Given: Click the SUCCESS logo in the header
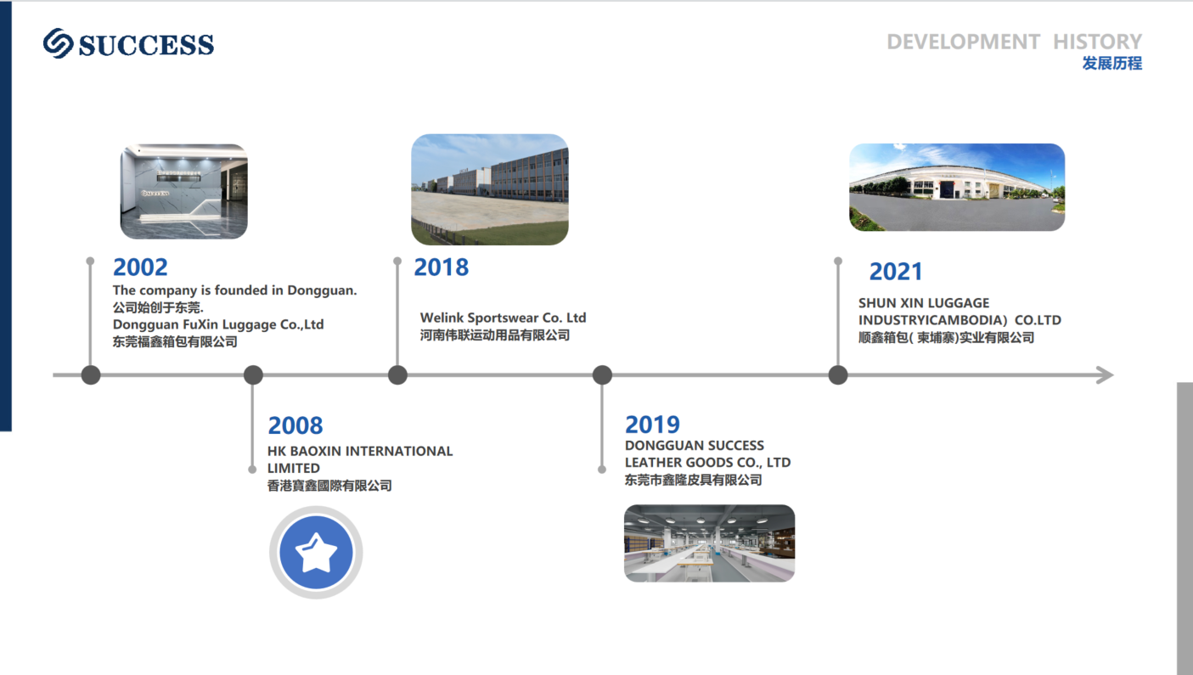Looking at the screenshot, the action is [x=128, y=43].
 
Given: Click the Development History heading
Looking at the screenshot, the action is [x=1014, y=42].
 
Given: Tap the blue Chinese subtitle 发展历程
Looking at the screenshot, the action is [x=1112, y=64].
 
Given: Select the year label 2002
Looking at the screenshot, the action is [x=140, y=267].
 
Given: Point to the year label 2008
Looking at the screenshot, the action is [x=295, y=425].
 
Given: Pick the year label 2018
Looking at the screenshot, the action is [x=441, y=267].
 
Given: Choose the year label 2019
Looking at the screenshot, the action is [x=652, y=425].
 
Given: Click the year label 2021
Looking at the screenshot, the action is [x=896, y=271].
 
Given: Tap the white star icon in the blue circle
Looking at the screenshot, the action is [x=316, y=553].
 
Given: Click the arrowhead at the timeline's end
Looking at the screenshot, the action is [x=1106, y=374].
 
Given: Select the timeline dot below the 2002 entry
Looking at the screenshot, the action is [x=91, y=375].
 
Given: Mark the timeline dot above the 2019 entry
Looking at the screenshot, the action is [x=602, y=375].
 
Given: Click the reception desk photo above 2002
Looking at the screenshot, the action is [x=183, y=191].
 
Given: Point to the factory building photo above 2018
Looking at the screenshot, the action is [x=489, y=189].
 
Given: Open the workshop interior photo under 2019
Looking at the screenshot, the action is [x=709, y=543].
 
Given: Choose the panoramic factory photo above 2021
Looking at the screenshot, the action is [x=957, y=187].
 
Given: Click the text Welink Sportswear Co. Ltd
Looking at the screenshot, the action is [x=503, y=318].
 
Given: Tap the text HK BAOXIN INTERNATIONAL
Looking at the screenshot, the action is [x=360, y=451].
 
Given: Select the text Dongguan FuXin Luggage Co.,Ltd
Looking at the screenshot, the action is [x=218, y=324].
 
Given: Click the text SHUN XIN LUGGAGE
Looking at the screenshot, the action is [x=924, y=303].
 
